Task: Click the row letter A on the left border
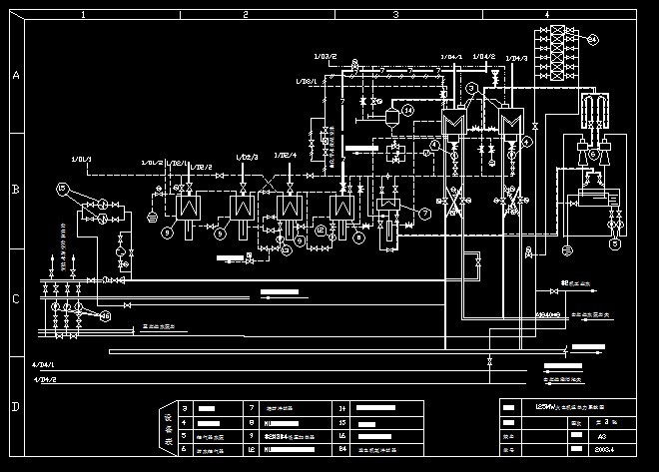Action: point(14,76)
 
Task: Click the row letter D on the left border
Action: point(14,407)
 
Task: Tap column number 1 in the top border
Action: point(83,15)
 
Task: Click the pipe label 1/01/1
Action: point(80,159)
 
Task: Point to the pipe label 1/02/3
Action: point(247,157)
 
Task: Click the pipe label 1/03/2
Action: point(326,56)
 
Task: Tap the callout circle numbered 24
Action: point(592,39)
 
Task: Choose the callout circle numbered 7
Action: point(423,213)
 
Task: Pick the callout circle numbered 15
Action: point(62,188)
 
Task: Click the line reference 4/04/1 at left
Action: point(46,366)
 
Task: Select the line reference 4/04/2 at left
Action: point(46,380)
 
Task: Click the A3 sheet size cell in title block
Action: point(601,436)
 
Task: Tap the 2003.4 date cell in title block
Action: point(601,450)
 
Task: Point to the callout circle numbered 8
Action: point(168,232)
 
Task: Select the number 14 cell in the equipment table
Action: point(341,408)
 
